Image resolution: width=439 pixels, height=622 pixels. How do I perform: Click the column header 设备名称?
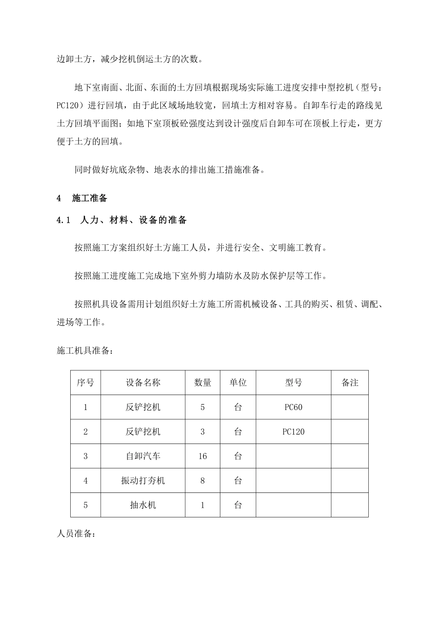pyautogui.click(x=143, y=383)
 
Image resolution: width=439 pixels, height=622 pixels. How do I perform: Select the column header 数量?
pyautogui.click(x=202, y=383)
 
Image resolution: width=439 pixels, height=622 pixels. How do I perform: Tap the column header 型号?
pyautogui.click(x=293, y=383)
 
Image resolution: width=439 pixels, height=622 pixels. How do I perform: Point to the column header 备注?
pyautogui.click(x=350, y=383)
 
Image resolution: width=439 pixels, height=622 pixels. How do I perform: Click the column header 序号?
pyautogui.click(x=85, y=383)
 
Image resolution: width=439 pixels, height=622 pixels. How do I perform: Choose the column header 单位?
pyautogui.click(x=238, y=383)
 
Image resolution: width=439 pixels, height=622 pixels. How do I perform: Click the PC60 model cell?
pyautogui.click(x=293, y=407)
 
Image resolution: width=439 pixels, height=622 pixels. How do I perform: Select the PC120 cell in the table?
pyautogui.click(x=293, y=432)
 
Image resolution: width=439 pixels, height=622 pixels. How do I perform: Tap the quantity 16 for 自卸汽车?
pyautogui.click(x=202, y=456)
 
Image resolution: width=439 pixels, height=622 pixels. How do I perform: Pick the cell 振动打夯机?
pyautogui.click(x=143, y=481)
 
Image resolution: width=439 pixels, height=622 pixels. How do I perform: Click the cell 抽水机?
pyautogui.click(x=143, y=505)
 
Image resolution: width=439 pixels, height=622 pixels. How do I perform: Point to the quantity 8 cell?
pyautogui.click(x=202, y=481)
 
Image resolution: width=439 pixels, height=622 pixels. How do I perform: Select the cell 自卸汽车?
pyautogui.click(x=143, y=456)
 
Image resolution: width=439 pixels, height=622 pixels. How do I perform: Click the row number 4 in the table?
pyautogui.click(x=85, y=481)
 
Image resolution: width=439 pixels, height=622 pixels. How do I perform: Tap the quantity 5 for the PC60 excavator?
pyautogui.click(x=202, y=407)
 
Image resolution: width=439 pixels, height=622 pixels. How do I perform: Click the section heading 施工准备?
pyautogui.click(x=90, y=199)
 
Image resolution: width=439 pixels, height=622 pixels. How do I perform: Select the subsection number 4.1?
pyautogui.click(x=63, y=220)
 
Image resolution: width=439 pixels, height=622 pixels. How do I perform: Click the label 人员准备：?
pyautogui.click(x=76, y=534)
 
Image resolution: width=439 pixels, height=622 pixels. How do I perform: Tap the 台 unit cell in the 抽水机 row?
pyautogui.click(x=238, y=505)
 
